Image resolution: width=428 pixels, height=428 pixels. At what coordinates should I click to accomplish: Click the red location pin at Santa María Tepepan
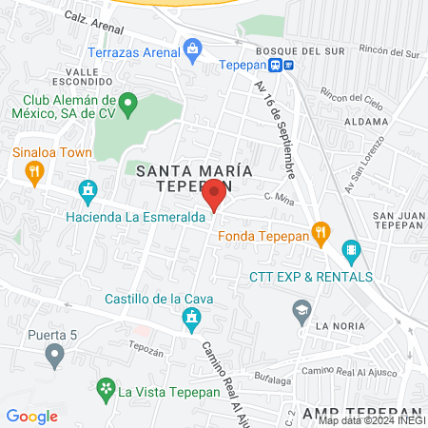(x=214, y=196)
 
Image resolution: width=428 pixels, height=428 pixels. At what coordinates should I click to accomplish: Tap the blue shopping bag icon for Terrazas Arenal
(x=192, y=48)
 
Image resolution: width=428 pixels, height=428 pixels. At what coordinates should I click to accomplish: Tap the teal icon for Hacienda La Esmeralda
(x=88, y=190)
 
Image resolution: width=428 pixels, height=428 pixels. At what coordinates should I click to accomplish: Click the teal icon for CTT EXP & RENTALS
(x=351, y=253)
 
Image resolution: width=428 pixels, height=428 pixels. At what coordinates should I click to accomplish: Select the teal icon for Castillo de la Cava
(x=191, y=318)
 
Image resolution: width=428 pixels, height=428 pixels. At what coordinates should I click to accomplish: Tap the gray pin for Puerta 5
(x=54, y=355)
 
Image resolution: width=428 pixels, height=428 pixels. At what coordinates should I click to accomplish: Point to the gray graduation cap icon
(x=302, y=309)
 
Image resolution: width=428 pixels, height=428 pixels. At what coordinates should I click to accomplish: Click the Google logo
(x=32, y=416)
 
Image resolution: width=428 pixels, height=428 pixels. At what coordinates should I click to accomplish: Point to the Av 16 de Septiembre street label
(x=275, y=128)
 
